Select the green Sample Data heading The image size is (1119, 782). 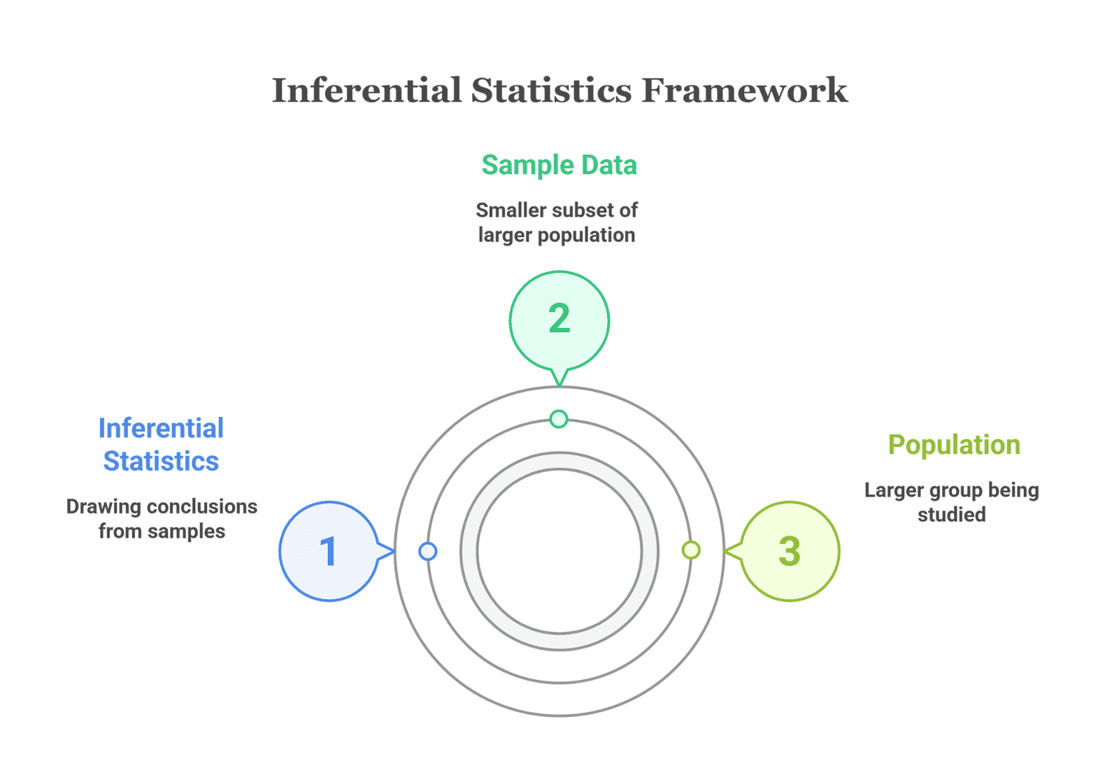pyautogui.click(x=559, y=165)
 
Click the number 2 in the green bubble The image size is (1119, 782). pyautogui.click(x=559, y=319)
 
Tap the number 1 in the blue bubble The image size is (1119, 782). pyautogui.click(x=328, y=551)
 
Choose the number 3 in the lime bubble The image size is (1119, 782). pyautogui.click(x=790, y=551)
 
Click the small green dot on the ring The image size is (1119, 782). pyautogui.click(x=559, y=419)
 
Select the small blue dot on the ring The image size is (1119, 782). pyautogui.click(x=428, y=551)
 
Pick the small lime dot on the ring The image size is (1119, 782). pyautogui.click(x=691, y=550)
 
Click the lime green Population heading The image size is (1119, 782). pyautogui.click(x=954, y=445)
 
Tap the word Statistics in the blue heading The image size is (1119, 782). pyautogui.click(x=161, y=462)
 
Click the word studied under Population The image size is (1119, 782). pyautogui.click(x=951, y=516)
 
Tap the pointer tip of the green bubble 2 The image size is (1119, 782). pyautogui.click(x=559, y=383)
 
